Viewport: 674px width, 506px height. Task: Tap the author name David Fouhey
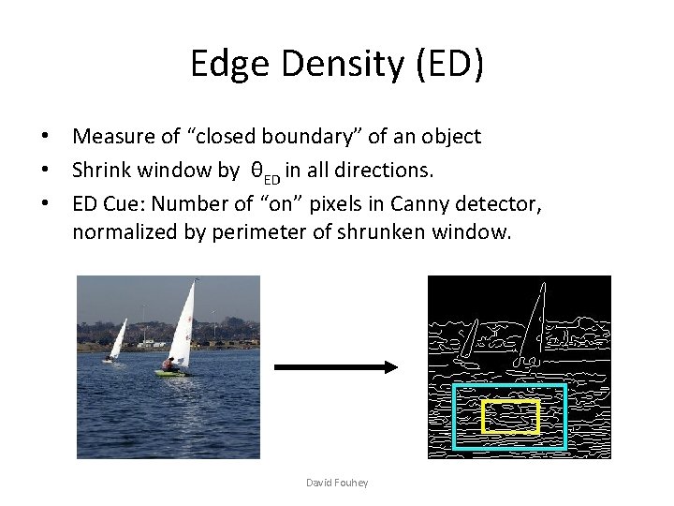click(x=337, y=483)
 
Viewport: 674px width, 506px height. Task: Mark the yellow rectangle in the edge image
click(x=510, y=401)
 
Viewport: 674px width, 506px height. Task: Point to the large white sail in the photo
click(x=183, y=323)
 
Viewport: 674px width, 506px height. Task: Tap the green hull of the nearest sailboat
click(x=169, y=373)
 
